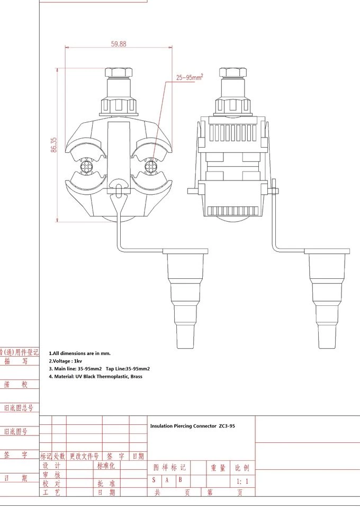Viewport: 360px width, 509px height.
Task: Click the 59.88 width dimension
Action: pyautogui.click(x=119, y=44)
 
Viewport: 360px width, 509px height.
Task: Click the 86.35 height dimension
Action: pyautogui.click(x=54, y=146)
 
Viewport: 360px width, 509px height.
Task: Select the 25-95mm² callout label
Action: pyautogui.click(x=190, y=78)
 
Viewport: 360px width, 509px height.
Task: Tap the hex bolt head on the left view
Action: pyautogui.click(x=118, y=72)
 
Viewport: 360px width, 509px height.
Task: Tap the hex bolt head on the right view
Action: pyautogui.click(x=232, y=72)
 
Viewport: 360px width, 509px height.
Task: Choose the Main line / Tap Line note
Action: pyautogui.click(x=100, y=368)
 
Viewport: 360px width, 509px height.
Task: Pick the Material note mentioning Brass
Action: pyautogui.click(x=96, y=376)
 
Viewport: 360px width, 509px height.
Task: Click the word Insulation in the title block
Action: pyautogui.click(x=163, y=426)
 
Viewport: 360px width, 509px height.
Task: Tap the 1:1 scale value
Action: pyautogui.click(x=242, y=481)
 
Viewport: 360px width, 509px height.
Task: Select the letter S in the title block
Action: pyautogui.click(x=154, y=480)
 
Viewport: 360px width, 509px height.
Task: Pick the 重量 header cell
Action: pyautogui.click(x=218, y=468)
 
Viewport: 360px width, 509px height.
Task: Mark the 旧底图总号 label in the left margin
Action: pyautogui.click(x=19, y=408)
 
